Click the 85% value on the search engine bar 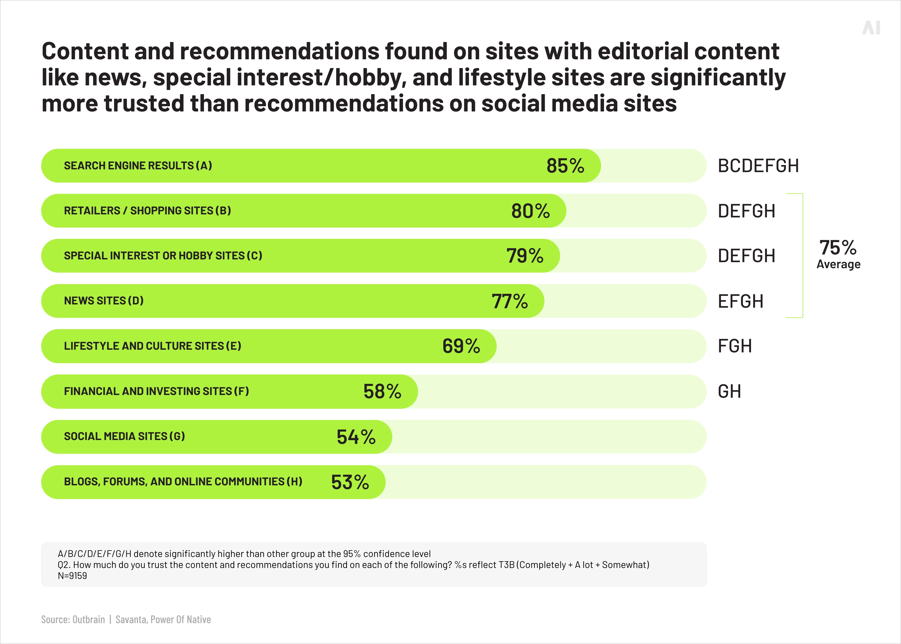click(565, 166)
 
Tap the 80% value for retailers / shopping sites click(530, 211)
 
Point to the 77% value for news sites click(510, 301)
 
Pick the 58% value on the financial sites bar click(382, 391)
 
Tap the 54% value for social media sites click(356, 436)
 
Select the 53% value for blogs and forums click(350, 482)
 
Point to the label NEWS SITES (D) click(104, 301)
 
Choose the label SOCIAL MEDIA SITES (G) click(125, 436)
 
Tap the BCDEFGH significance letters click(758, 166)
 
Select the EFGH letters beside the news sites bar click(740, 301)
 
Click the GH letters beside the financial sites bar click(729, 391)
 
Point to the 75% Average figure click(838, 254)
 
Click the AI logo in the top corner click(871, 28)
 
